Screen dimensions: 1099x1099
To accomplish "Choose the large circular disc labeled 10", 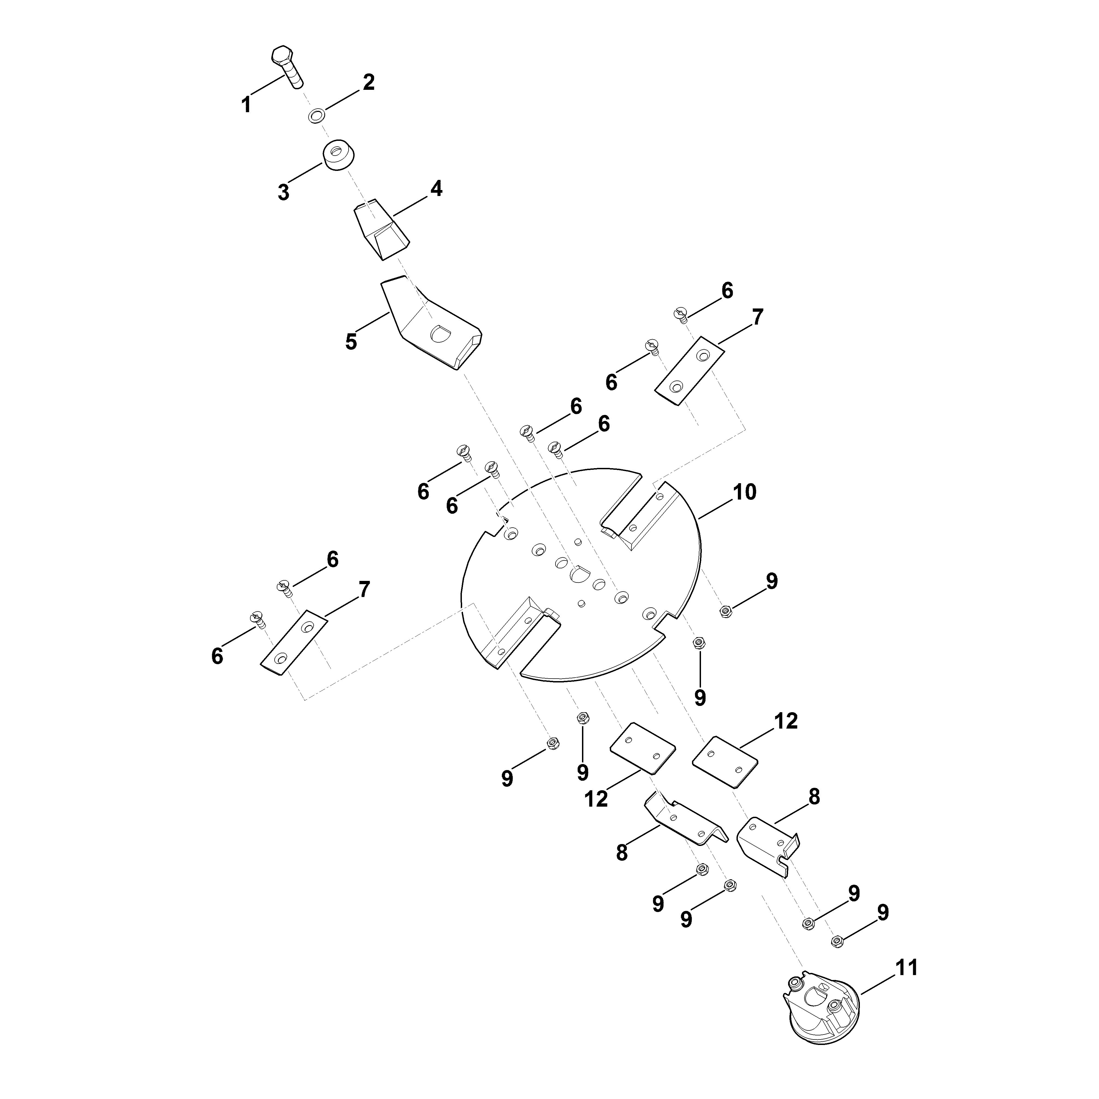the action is tap(580, 575).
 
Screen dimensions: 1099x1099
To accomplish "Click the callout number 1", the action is tap(246, 105).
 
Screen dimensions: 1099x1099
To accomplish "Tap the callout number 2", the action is tap(369, 82).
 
